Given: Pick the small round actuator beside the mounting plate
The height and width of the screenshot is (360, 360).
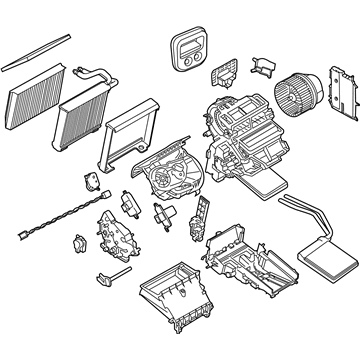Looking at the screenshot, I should tap(76, 244).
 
